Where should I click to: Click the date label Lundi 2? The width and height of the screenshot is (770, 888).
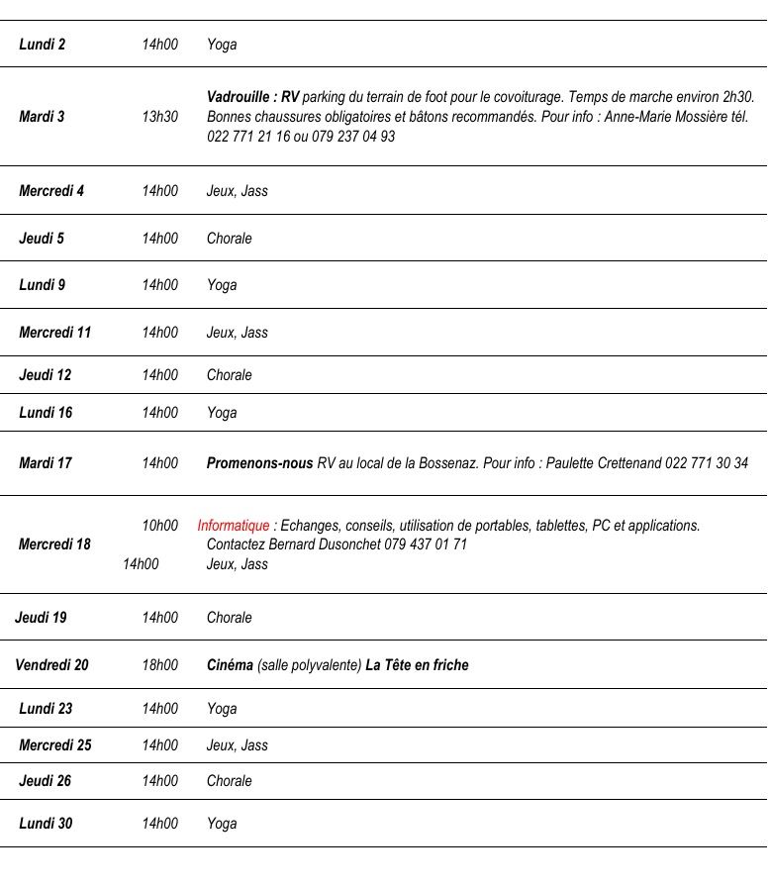pyautogui.click(x=43, y=45)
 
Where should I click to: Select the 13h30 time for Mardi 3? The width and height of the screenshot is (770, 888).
pyautogui.click(x=159, y=117)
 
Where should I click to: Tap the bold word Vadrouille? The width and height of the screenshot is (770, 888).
pyautogui.click(x=240, y=97)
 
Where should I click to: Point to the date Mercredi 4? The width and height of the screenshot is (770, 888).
pyautogui.click(x=51, y=191)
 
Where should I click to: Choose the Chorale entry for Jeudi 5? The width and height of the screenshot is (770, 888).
pyautogui.click(x=230, y=239)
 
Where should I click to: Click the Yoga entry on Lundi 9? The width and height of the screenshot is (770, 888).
pyautogui.click(x=222, y=285)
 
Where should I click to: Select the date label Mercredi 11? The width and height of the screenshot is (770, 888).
pyautogui.click(x=54, y=333)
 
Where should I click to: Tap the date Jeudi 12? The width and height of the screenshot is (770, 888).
pyautogui.click(x=46, y=375)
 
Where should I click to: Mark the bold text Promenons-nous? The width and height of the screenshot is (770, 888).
pyautogui.click(x=259, y=463)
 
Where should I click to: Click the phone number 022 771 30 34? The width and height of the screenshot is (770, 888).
pyautogui.click(x=707, y=463)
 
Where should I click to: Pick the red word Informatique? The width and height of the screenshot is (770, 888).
pyautogui.click(x=233, y=526)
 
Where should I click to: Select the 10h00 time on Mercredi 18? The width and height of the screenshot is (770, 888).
pyautogui.click(x=159, y=526)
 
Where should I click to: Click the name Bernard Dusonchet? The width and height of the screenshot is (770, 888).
pyautogui.click(x=324, y=544)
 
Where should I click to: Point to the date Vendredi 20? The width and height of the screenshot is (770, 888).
pyautogui.click(x=51, y=665)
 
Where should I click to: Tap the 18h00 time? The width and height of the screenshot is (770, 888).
pyautogui.click(x=159, y=665)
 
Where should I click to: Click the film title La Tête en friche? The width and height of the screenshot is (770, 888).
pyautogui.click(x=417, y=665)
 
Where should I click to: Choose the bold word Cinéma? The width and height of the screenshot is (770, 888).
pyautogui.click(x=230, y=665)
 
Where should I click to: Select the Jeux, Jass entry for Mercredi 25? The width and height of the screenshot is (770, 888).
pyautogui.click(x=238, y=745)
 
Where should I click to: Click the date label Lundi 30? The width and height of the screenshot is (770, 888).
pyautogui.click(x=46, y=824)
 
